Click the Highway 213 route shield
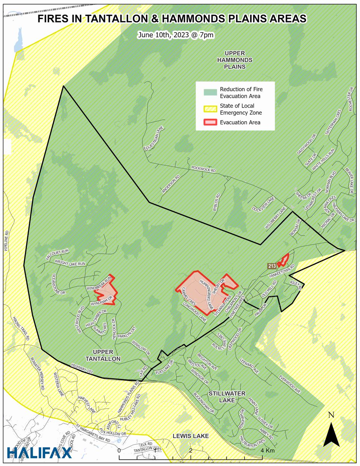(271, 266)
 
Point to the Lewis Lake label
(191, 436)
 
